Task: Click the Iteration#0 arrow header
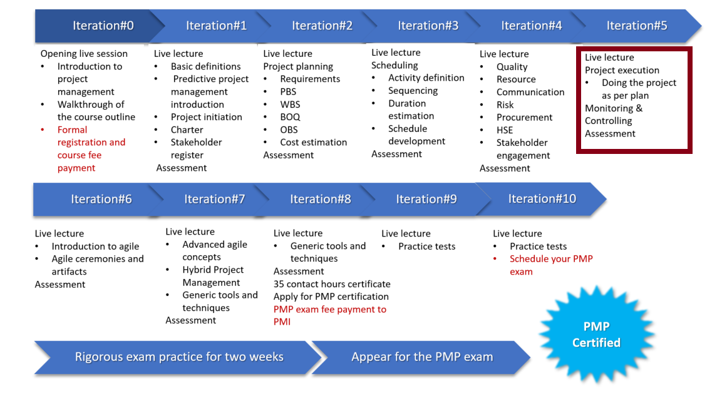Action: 99,26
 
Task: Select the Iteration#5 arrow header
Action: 637,26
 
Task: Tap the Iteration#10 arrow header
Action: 542,199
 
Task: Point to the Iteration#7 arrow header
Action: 215,199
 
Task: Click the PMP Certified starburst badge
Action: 597,334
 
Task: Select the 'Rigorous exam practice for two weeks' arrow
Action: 178,357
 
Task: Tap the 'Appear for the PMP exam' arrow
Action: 422,357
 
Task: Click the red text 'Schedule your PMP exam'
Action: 550,265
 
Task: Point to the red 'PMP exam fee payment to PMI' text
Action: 329,315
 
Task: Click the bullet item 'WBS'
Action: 290,105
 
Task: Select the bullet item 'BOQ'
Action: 290,117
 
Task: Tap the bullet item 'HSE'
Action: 504,130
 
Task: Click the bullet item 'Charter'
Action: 187,130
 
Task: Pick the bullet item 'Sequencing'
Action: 413,91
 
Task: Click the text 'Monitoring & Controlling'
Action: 613,115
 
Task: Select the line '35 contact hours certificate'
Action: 331,284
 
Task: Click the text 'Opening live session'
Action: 84,53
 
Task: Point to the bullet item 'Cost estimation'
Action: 313,142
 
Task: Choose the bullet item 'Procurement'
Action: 524,117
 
